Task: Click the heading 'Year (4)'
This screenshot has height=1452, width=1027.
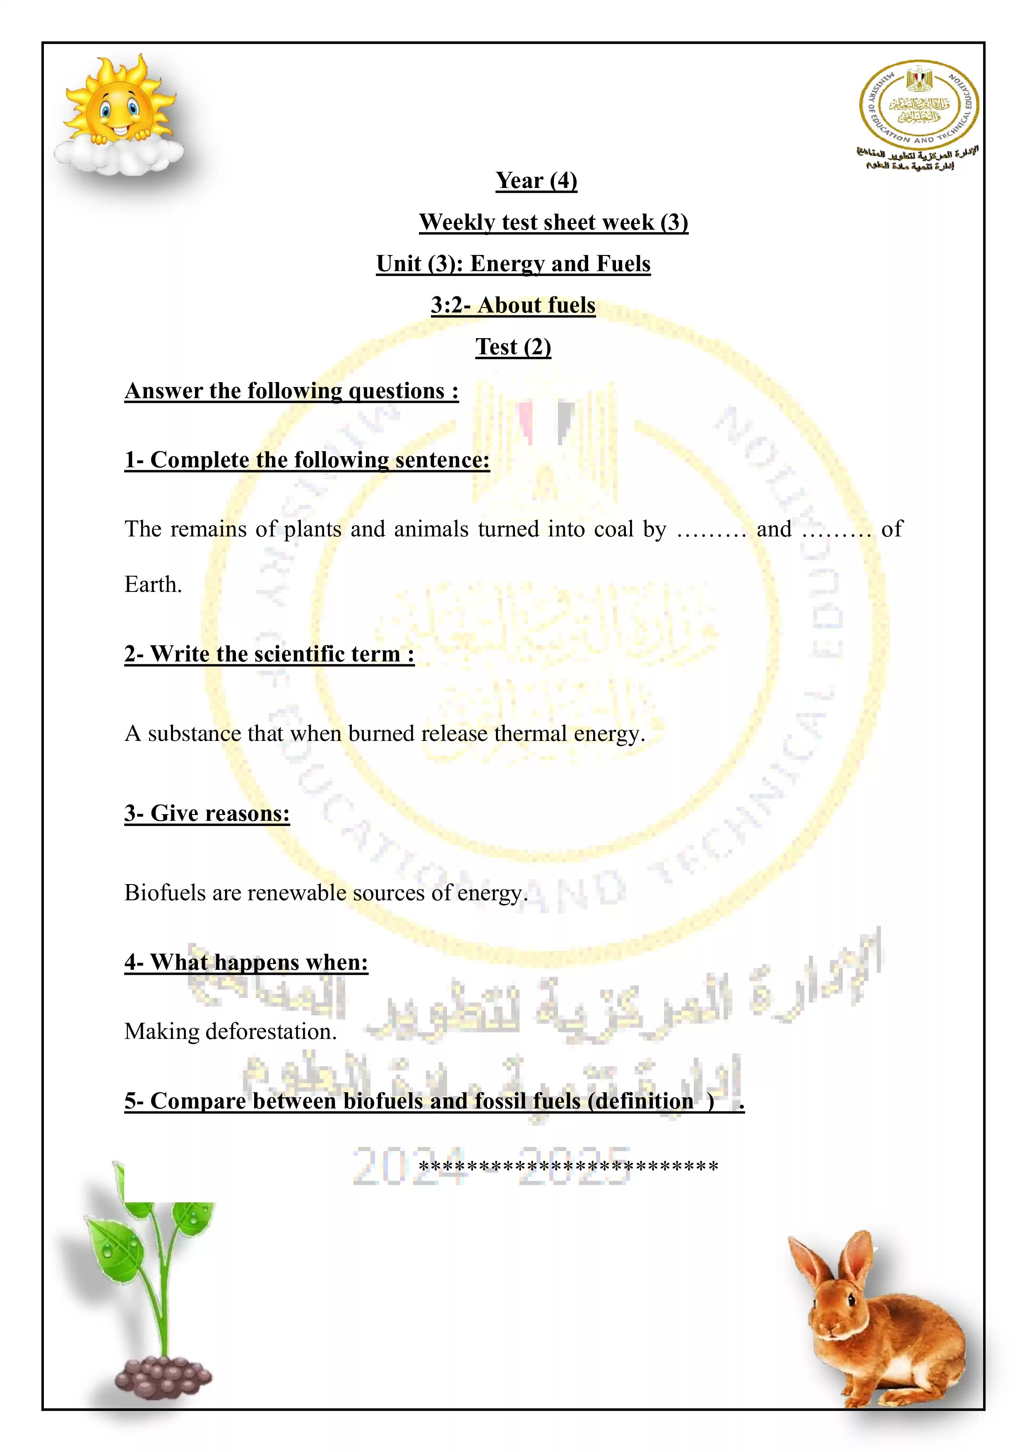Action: pos(536,181)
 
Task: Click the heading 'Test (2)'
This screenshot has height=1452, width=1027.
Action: pos(513,347)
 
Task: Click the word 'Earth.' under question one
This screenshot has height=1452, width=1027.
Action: pos(153,585)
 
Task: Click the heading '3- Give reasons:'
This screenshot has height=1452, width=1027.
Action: pos(207,813)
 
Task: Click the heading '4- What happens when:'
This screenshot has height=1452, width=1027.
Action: pos(246,962)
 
